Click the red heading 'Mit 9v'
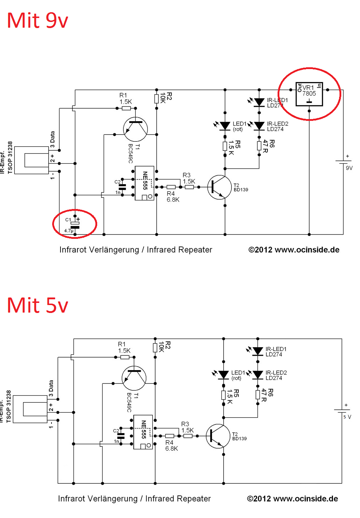[37, 21]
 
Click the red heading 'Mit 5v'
[37, 305]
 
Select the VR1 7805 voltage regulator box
[309, 94]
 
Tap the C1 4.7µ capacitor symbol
[75, 225]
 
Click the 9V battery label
[349, 168]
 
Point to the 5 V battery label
[347, 417]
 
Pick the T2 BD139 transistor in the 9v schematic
[219, 187]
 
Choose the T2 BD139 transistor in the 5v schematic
[218, 436]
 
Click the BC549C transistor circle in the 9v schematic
[135, 129]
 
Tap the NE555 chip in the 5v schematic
[143, 432]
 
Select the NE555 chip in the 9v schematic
[144, 183]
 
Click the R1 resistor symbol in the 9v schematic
[126, 108]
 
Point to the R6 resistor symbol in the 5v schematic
[258, 395]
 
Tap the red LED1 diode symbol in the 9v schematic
[225, 126]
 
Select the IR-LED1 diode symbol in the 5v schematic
[258, 351]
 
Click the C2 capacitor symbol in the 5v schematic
[121, 436]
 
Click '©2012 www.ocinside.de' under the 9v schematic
[294, 250]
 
